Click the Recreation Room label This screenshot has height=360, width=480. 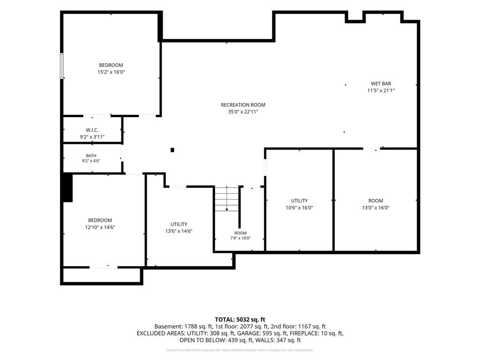coord(243,105)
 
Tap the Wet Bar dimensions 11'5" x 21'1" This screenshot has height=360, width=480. coord(381,90)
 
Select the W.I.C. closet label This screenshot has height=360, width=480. coord(92,130)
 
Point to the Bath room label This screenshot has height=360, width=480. coord(91,156)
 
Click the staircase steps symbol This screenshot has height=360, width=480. coord(226,198)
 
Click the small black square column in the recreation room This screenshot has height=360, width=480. coord(172,150)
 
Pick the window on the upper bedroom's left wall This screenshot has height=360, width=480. coord(62,66)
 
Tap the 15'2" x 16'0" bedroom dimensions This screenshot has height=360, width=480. coord(111,72)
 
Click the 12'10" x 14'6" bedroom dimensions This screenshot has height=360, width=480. coord(100,227)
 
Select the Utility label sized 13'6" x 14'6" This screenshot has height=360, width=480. coord(179,224)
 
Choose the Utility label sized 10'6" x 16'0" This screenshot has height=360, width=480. coord(300,201)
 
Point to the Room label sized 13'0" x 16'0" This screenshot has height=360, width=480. coord(375,201)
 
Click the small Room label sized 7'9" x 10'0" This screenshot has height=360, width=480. coord(240,233)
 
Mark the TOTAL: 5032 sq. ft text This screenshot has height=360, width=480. coord(240,320)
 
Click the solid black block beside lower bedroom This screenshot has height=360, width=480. coord(67,187)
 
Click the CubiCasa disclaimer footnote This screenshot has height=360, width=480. coord(240,350)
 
